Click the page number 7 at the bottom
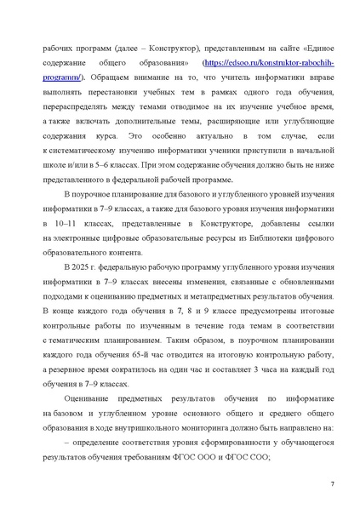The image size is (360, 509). pyautogui.click(x=330, y=483)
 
